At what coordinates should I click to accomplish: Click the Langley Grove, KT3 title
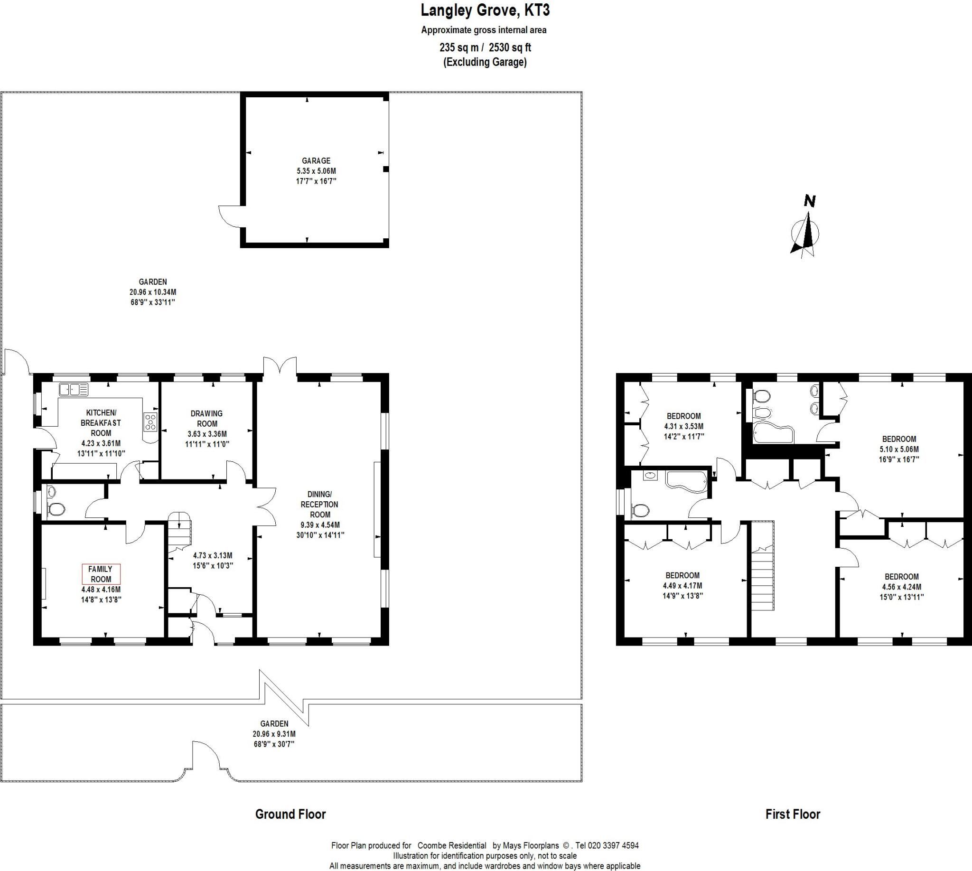click(485, 9)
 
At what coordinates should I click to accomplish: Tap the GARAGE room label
click(316, 161)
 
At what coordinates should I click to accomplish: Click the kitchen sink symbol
click(74, 390)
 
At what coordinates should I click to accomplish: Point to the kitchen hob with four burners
click(151, 422)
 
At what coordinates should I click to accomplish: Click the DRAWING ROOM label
click(207, 418)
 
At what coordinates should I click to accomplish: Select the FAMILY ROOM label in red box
click(101, 574)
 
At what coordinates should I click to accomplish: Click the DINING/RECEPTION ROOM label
click(320, 504)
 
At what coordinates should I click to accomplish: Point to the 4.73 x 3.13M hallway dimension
click(213, 556)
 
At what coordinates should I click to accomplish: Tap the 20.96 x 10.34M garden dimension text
click(153, 292)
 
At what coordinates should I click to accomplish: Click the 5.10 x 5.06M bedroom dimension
click(899, 450)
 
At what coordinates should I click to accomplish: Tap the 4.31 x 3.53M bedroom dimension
click(683, 426)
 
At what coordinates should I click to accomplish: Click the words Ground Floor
click(290, 814)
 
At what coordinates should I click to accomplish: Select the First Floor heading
click(793, 814)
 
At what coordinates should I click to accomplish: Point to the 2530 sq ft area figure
click(510, 47)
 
